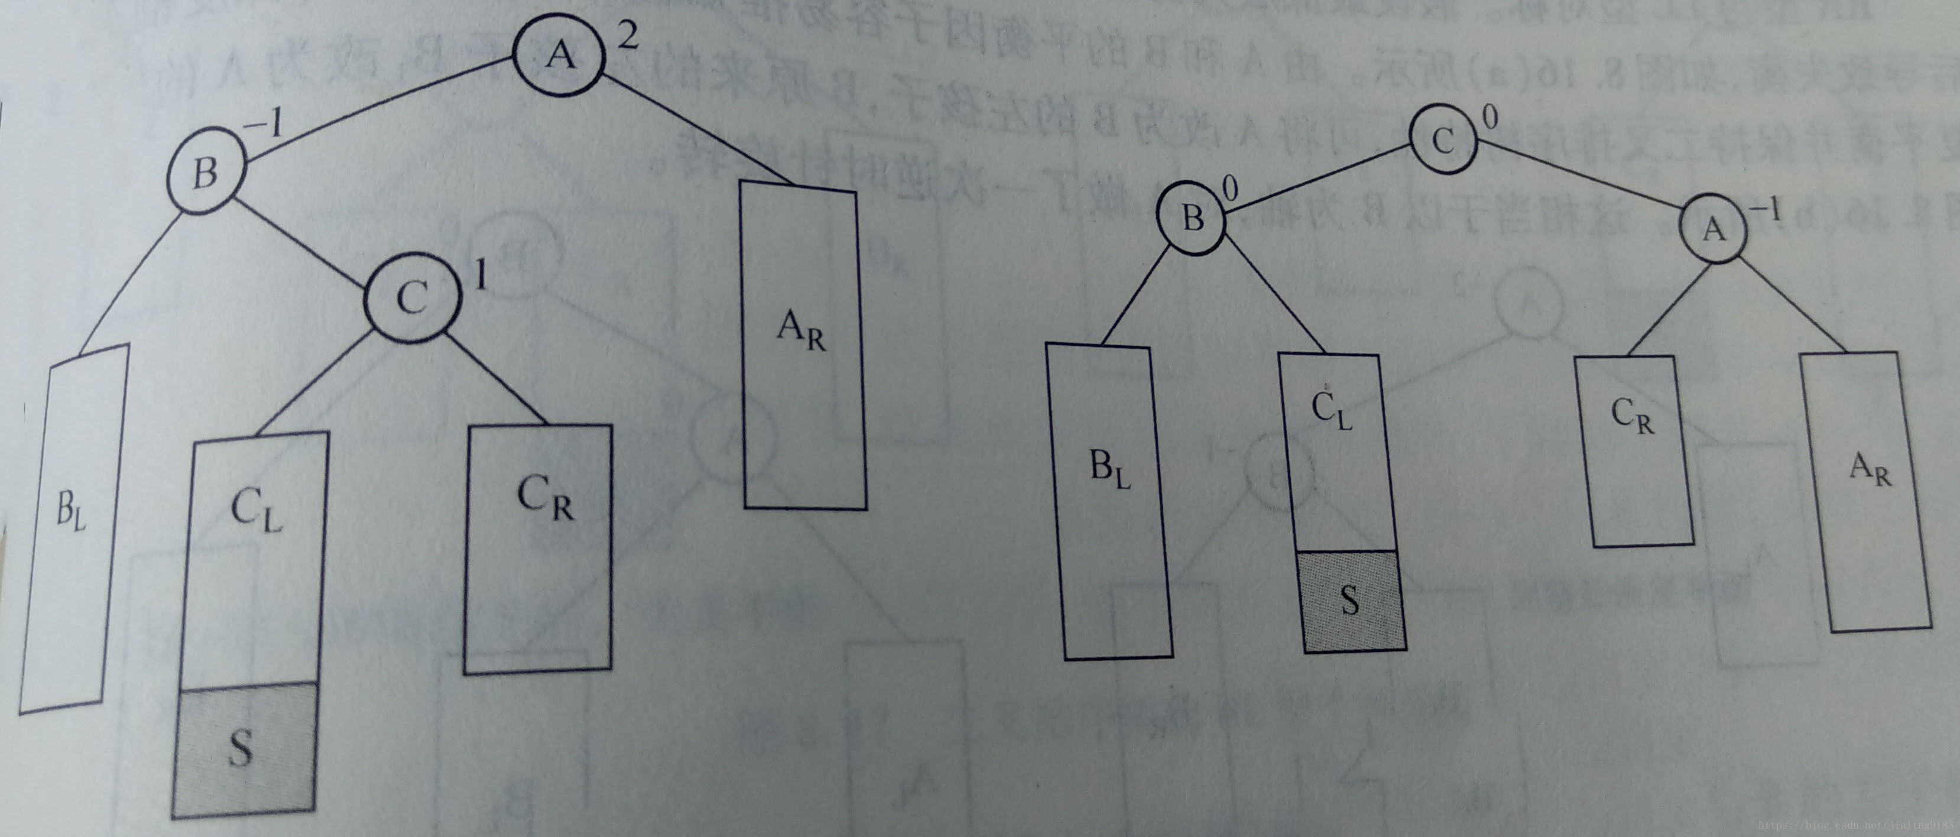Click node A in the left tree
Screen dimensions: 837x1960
pyautogui.click(x=560, y=55)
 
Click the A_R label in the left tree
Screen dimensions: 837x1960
pyautogui.click(x=800, y=333)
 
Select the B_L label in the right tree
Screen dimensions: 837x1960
pyautogui.click(x=1110, y=471)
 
